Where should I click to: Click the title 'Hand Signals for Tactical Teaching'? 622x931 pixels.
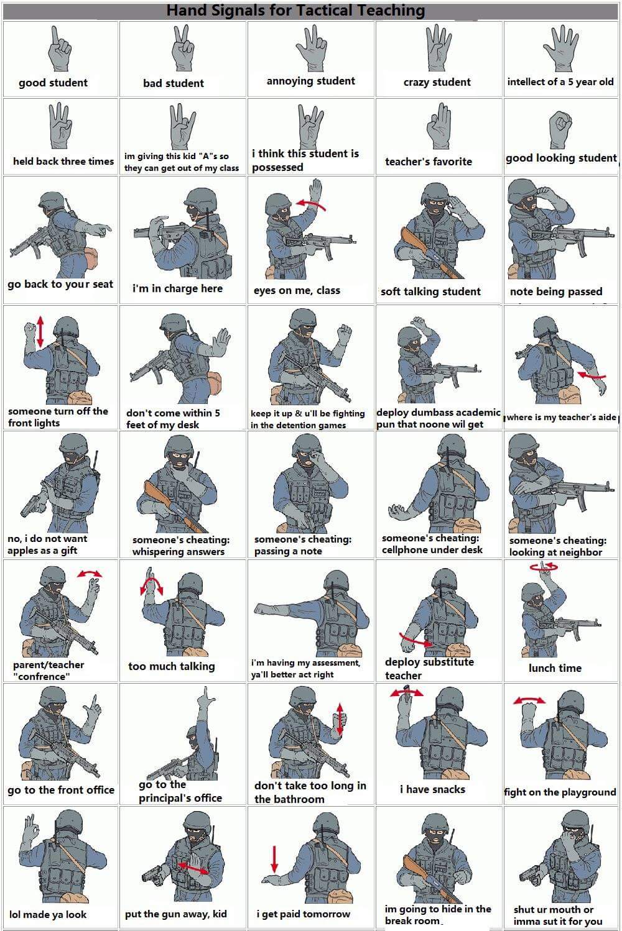296,11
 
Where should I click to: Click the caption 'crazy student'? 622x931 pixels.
437,82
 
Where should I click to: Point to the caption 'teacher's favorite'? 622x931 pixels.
429,161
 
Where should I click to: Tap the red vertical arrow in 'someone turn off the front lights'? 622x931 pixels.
40,331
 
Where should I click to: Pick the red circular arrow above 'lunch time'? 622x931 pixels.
544,566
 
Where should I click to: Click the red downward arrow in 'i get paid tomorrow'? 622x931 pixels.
274,858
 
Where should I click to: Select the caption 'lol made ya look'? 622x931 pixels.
48,914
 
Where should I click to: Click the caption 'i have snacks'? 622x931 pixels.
432,789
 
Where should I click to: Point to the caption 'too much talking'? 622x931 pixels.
172,666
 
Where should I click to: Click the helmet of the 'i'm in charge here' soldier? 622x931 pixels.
200,198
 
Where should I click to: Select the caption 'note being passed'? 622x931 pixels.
556,291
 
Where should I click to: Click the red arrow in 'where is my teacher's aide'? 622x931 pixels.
592,376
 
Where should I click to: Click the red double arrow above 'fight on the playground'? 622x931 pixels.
529,700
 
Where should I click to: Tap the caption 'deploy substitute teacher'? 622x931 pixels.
429,668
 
